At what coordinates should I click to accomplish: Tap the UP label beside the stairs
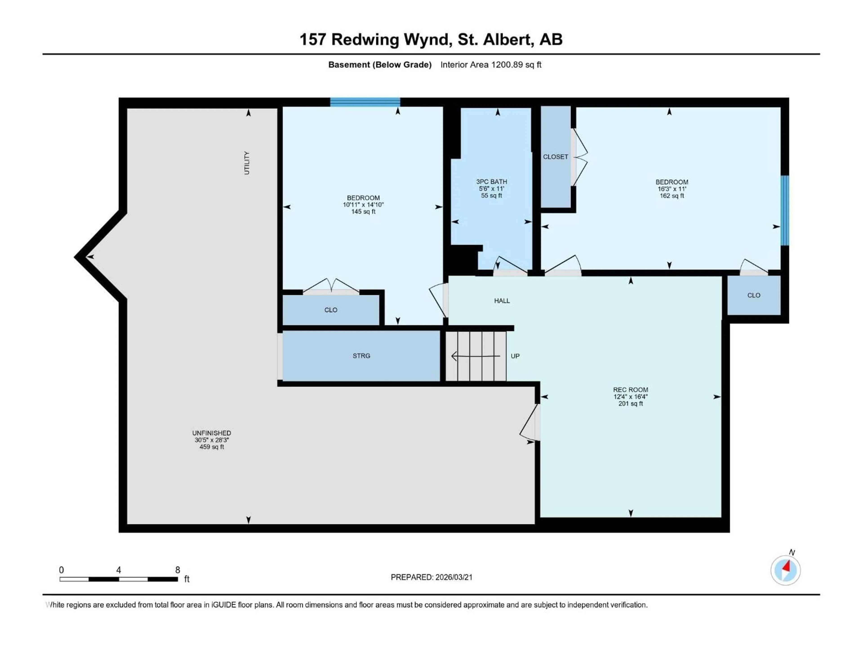coord(515,356)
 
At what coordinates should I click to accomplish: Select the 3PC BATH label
coord(491,182)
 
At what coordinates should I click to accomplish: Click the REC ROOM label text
coord(630,390)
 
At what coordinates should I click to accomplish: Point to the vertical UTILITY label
coord(247,163)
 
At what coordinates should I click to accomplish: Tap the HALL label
coord(502,301)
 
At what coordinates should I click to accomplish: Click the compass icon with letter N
coord(785,570)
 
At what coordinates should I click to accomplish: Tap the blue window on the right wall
coord(785,210)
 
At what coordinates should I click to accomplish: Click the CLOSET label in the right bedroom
coord(555,157)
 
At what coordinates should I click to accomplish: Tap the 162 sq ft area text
coord(672,196)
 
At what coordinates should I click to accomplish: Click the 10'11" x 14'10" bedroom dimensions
coord(363,205)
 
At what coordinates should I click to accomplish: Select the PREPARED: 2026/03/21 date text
coord(431,577)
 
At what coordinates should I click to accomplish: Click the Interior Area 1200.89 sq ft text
coord(491,65)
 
